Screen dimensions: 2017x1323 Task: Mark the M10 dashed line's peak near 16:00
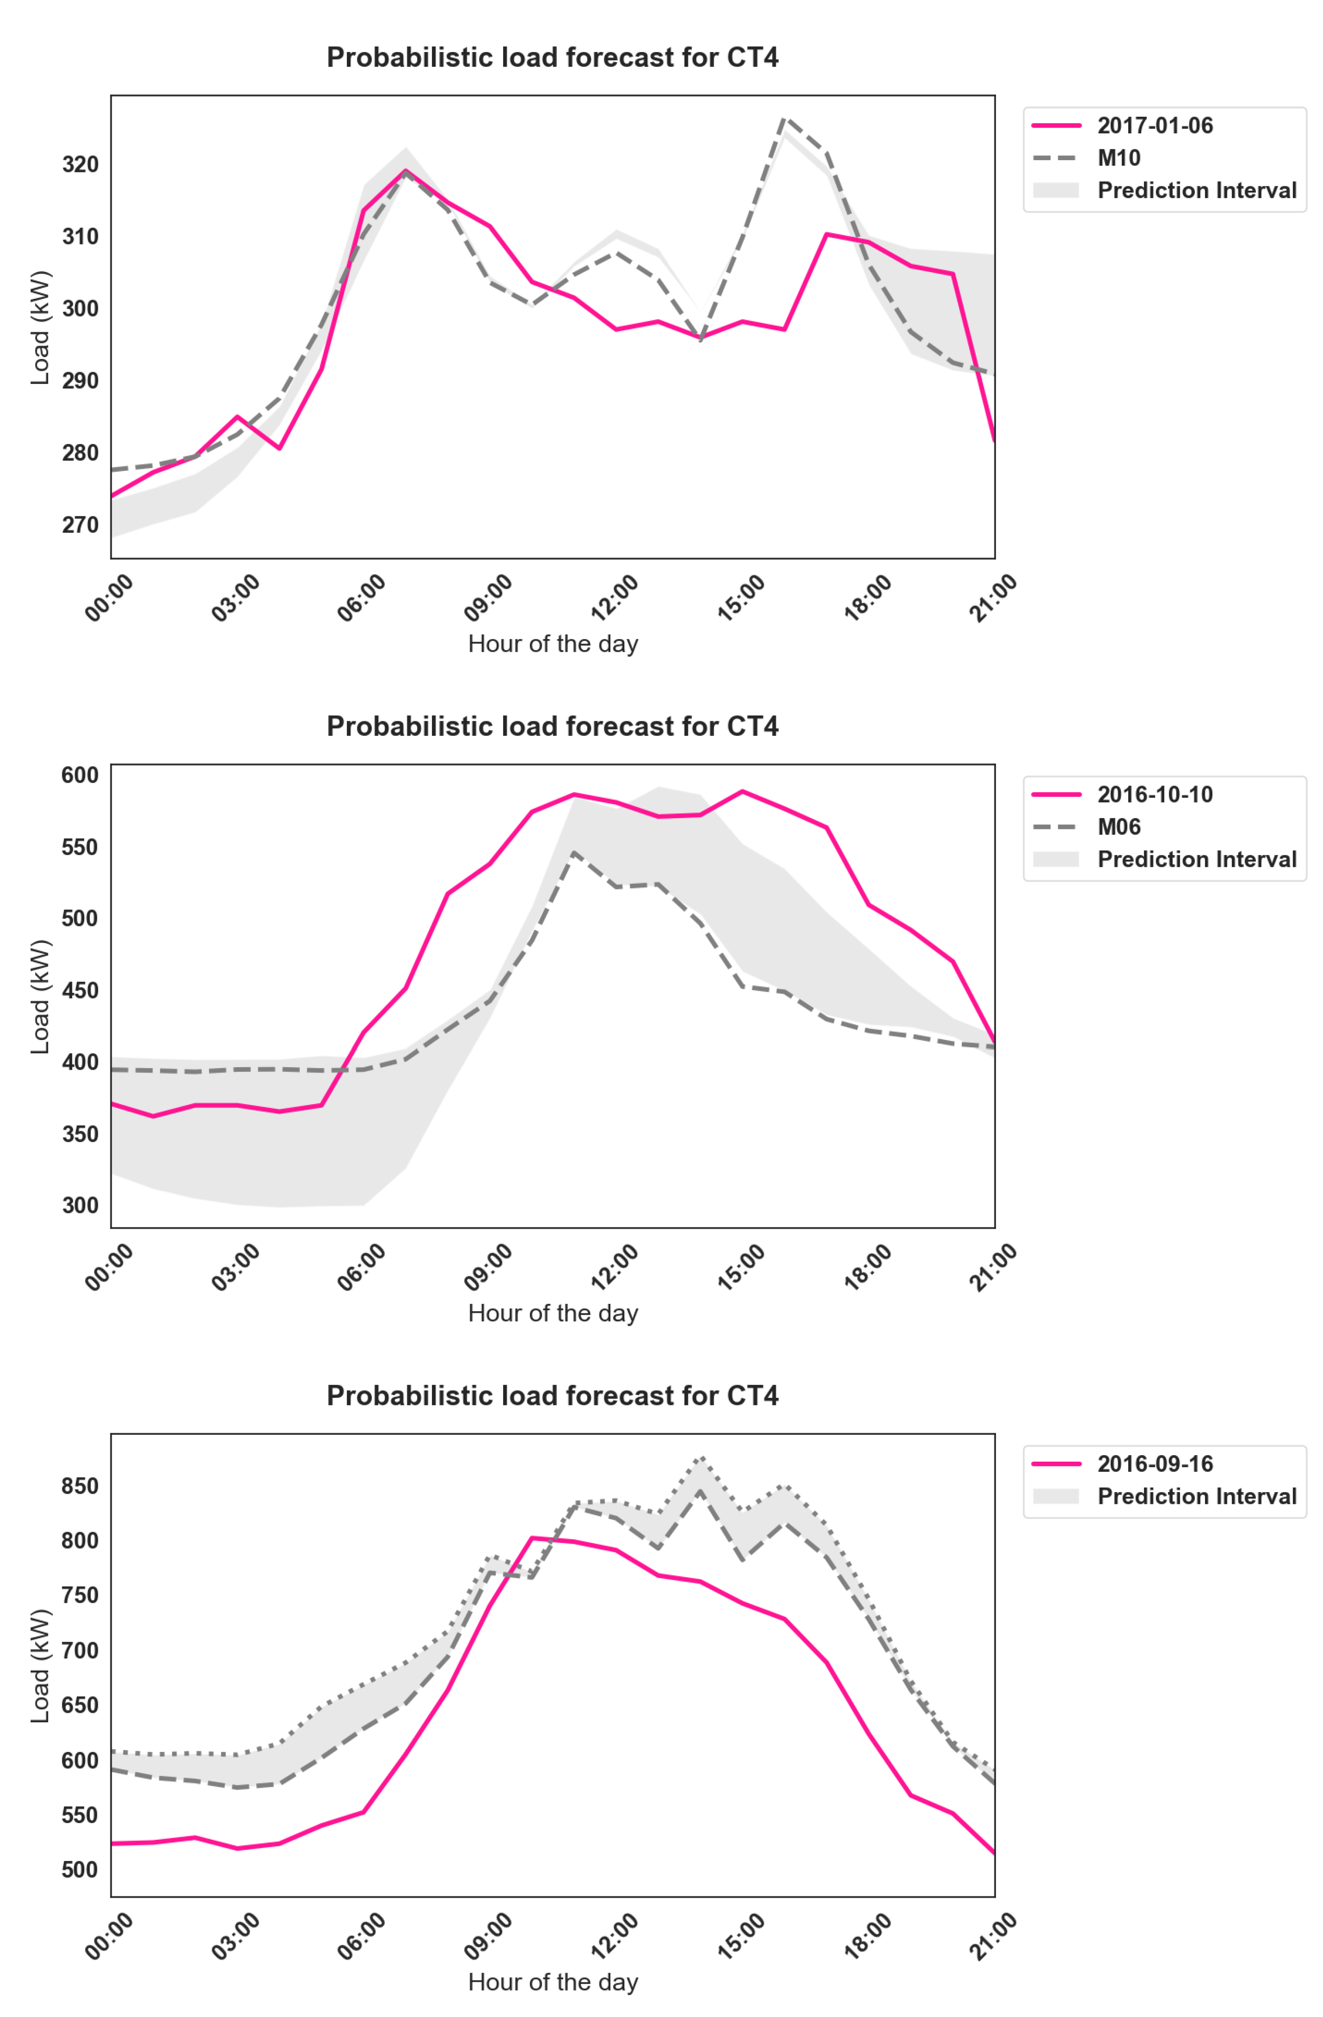tap(784, 119)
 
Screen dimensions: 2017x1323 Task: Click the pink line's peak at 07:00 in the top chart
tap(406, 170)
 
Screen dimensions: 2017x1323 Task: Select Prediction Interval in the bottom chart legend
tap(1196, 1496)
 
